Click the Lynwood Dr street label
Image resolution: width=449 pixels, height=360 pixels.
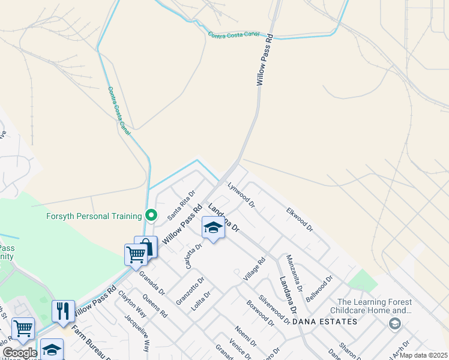(x=241, y=196)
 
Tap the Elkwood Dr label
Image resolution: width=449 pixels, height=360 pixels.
(x=300, y=220)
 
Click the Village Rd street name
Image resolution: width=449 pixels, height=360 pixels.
(x=255, y=270)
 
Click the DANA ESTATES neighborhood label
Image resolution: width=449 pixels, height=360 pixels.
(x=325, y=322)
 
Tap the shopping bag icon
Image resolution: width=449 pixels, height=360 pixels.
(x=146, y=246)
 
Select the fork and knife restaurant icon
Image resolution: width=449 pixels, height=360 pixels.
(x=63, y=310)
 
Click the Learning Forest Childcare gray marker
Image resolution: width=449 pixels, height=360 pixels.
(x=395, y=325)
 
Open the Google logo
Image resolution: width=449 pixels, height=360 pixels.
(x=20, y=353)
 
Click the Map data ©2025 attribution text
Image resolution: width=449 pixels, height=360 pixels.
(x=423, y=355)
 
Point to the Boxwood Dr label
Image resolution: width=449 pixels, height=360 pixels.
(x=259, y=312)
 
